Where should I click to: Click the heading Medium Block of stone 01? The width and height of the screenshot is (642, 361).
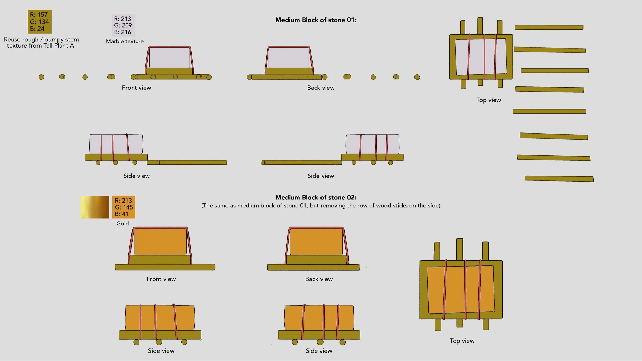pos(316,20)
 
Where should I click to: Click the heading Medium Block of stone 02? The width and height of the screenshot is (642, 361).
pos(316,197)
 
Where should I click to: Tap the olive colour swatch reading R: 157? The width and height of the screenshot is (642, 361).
pos(40,22)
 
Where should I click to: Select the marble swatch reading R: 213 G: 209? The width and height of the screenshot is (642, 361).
pos(123,25)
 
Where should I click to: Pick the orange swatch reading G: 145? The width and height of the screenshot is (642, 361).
pos(124,207)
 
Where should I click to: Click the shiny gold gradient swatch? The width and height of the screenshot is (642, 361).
pos(95,207)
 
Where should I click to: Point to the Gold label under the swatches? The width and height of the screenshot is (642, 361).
pos(122,223)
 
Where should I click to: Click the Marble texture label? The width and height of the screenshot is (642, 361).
pos(125,41)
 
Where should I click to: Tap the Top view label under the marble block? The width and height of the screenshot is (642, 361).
pos(488,100)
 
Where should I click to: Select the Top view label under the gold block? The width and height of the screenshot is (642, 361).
pos(462,341)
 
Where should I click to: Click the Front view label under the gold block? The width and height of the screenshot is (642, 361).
pos(161,279)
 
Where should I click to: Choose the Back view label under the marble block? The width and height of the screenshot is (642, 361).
pos(321,88)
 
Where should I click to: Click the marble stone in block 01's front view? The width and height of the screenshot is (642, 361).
pos(169,58)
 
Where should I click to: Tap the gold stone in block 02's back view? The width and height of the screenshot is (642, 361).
pos(316,242)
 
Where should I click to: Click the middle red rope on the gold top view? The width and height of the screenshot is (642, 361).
pos(465,290)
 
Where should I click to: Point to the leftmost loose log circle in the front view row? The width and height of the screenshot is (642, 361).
pos(41,77)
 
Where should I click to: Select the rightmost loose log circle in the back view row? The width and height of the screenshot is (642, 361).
pos(417,77)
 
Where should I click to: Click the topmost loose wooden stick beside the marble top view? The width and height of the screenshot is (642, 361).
pos(549,27)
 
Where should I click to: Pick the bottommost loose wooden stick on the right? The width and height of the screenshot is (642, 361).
pos(559,179)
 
